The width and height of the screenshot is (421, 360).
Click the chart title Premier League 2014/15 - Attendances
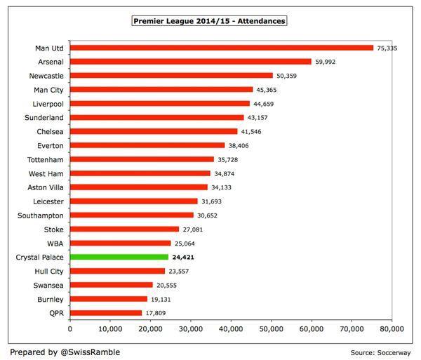click(209, 21)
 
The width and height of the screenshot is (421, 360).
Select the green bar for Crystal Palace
click(119, 257)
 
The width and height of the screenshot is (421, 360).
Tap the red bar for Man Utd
click(222, 48)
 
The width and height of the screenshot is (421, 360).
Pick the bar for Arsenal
click(190, 62)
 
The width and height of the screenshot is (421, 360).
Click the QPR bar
click(106, 313)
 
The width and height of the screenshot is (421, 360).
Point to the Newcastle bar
click(171, 76)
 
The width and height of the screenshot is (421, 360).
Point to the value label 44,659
click(265, 104)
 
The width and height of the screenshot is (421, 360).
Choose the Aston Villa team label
click(44, 187)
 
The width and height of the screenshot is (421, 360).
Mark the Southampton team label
click(41, 215)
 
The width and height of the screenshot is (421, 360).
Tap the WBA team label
click(55, 244)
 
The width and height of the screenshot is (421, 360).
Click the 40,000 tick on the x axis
click(231, 328)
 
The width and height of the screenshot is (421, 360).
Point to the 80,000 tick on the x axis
click(391, 328)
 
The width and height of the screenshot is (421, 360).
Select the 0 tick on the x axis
click(70, 328)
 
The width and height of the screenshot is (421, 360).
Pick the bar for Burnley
click(109, 299)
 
